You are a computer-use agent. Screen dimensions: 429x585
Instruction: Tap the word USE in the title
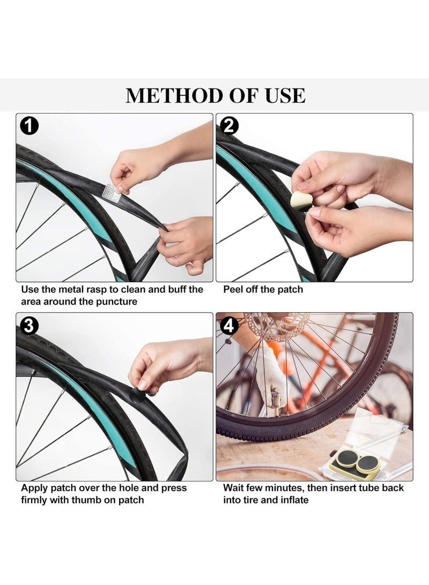pyautogui.click(x=285, y=95)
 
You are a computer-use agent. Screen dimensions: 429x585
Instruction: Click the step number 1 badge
pyautogui.click(x=28, y=127)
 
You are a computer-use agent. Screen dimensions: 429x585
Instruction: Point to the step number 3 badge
pyautogui.click(x=28, y=325)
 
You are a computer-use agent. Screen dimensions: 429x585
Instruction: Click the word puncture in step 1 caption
pyautogui.click(x=117, y=301)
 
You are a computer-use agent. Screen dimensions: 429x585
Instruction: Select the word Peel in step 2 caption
pyautogui.click(x=232, y=290)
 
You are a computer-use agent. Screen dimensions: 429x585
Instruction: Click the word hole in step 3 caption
pyautogui.click(x=130, y=488)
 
